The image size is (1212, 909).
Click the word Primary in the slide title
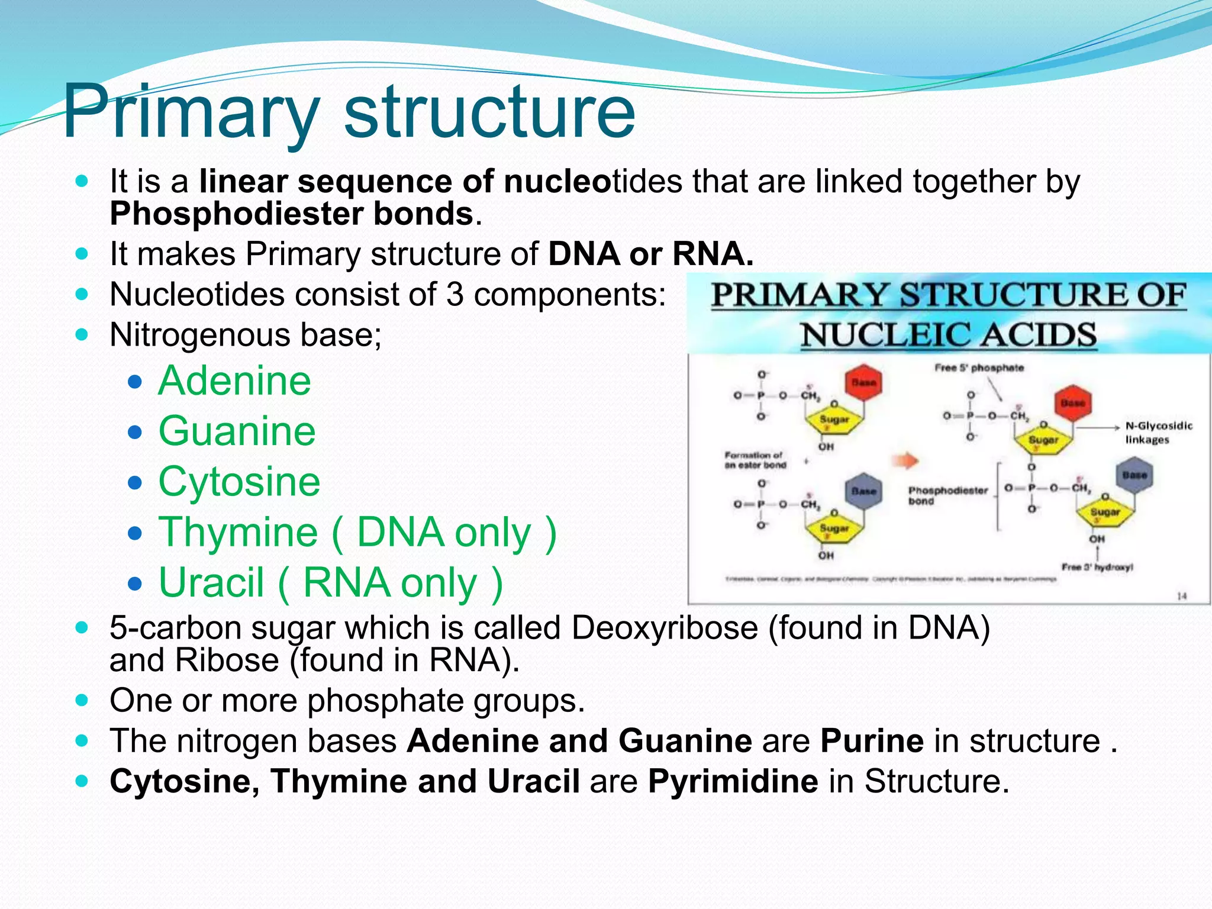pos(191,111)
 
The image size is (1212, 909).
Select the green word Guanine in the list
pos(237,431)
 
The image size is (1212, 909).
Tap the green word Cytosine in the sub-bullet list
pos(239,481)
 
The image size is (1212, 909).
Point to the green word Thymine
pos(238,532)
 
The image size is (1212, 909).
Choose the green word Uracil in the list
pos(211,583)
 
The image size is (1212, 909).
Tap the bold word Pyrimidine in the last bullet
pos(733,781)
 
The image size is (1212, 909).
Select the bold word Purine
pos(872,741)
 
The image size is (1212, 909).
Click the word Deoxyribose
pos(664,628)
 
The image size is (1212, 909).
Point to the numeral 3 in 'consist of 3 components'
pos(454,295)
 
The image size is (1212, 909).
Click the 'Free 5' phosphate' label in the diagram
pos(979,368)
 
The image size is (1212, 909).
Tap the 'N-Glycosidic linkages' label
pos(1158,433)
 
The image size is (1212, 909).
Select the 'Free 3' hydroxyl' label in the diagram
pos(1097,567)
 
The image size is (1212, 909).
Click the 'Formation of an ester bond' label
pos(755,460)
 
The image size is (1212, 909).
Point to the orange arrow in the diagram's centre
pos(905,460)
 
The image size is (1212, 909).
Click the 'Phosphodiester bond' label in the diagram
pos(948,495)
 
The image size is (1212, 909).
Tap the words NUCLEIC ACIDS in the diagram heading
pos(949,336)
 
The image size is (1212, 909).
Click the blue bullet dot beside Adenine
pos(136,382)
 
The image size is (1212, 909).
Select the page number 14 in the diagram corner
pos(1181,596)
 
